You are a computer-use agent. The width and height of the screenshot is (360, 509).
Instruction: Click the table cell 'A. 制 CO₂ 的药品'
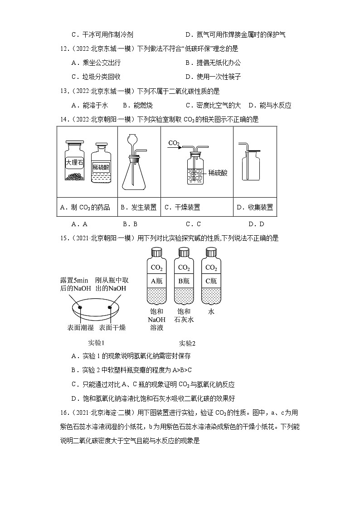85,208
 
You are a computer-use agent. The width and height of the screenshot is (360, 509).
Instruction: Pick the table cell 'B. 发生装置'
138,208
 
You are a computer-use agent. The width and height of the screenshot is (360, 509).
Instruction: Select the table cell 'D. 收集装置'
254,208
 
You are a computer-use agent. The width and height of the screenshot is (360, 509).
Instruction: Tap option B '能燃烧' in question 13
136,106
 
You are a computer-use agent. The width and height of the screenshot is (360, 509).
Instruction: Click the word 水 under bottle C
211,312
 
